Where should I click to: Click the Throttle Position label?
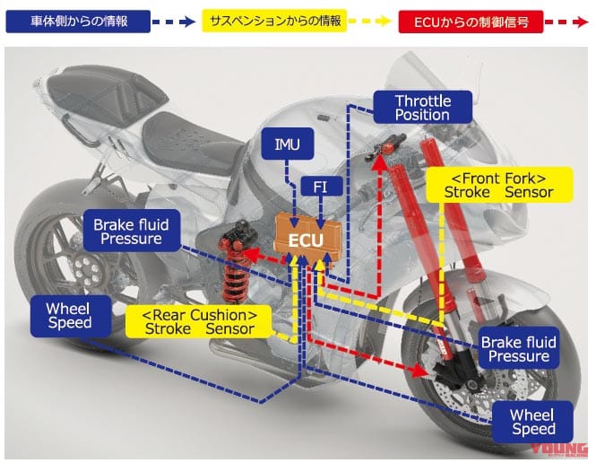coord(422,108)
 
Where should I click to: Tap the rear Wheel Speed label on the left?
coord(68,316)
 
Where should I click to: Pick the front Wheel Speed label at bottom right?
coord(533,422)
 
